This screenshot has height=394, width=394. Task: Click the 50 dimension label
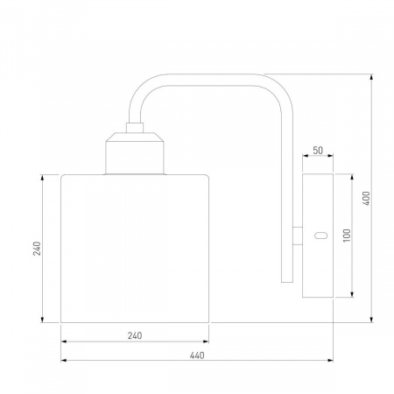click(x=318, y=151)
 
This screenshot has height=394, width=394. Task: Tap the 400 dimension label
click(x=366, y=198)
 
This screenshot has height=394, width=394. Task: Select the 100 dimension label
click(x=347, y=236)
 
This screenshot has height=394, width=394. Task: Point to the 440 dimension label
click(x=197, y=355)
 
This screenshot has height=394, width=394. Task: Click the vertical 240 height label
click(x=37, y=249)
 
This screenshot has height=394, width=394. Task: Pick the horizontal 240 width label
click(x=135, y=335)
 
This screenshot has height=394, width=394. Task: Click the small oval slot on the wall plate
click(x=320, y=236)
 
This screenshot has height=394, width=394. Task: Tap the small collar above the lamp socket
click(x=135, y=128)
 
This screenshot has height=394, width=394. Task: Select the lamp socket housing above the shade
click(x=135, y=153)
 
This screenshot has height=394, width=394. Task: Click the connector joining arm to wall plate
click(x=298, y=236)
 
